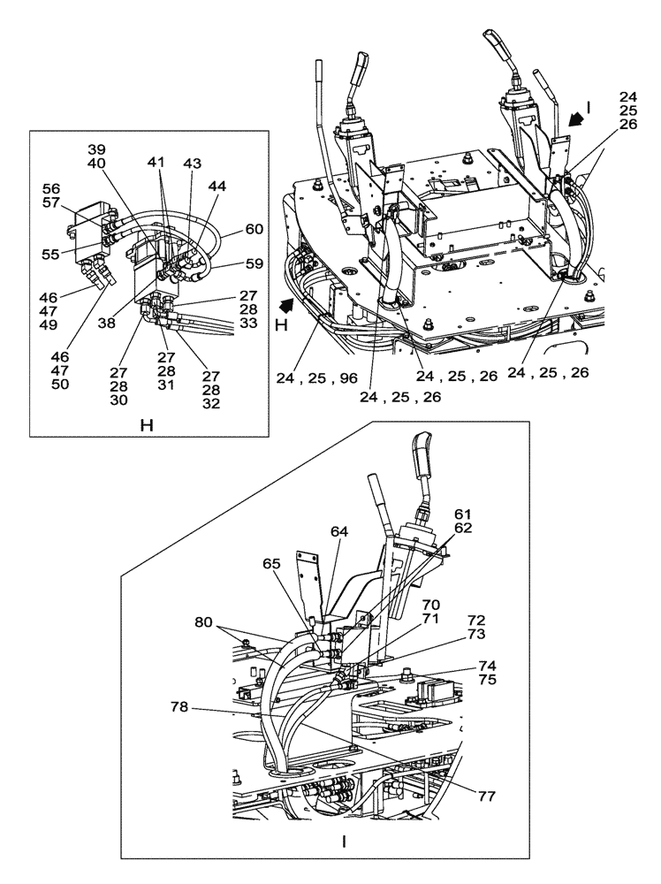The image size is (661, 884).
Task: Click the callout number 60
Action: point(255,228)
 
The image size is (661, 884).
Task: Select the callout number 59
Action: point(254,263)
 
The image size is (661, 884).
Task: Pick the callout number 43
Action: point(192,165)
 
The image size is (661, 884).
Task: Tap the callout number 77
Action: point(488,796)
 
